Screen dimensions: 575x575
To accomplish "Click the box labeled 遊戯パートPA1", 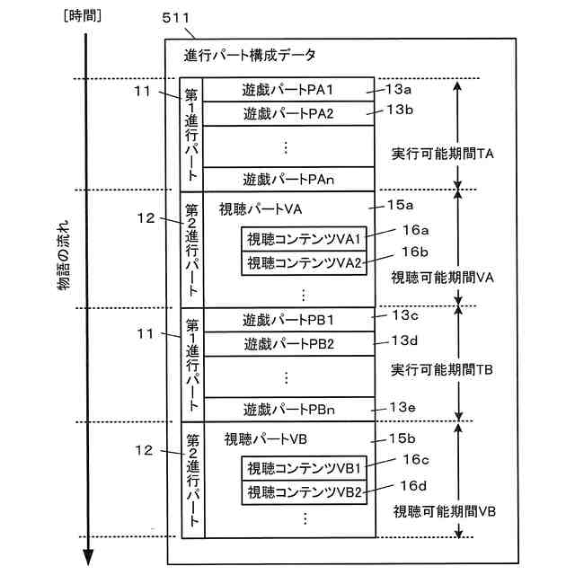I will pyautogui.click(x=287, y=90).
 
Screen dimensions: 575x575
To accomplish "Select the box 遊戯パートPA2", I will pyautogui.click(x=287, y=113).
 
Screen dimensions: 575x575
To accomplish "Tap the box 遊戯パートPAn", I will pyautogui.click(x=287, y=179).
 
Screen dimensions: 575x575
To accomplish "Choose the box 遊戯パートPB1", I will pyautogui.click(x=287, y=320).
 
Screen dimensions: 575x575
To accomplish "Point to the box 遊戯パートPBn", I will pyautogui.click(x=287, y=409).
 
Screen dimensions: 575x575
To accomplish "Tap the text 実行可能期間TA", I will pyautogui.click(x=443, y=154).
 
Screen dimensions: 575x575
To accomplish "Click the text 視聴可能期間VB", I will pyautogui.click(x=445, y=511).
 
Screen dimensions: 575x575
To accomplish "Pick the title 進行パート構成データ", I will pyautogui.click(x=250, y=56).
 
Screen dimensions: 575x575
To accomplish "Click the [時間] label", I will pyautogui.click(x=78, y=17).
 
